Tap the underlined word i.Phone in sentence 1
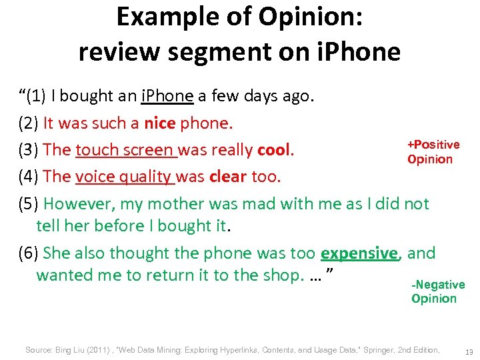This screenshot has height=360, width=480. pyautogui.click(x=167, y=96)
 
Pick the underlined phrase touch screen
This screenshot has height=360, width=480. pyautogui.click(x=125, y=150)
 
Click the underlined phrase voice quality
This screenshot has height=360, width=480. pyautogui.click(x=125, y=177)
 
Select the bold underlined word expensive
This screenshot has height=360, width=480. pyautogui.click(x=359, y=253)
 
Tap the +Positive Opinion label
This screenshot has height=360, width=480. pyautogui.click(x=433, y=152)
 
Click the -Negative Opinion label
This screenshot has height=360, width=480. pyautogui.click(x=437, y=291)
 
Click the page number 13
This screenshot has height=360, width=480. pyautogui.click(x=468, y=351)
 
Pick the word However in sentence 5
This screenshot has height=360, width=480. pyautogui.click(x=75, y=204)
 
